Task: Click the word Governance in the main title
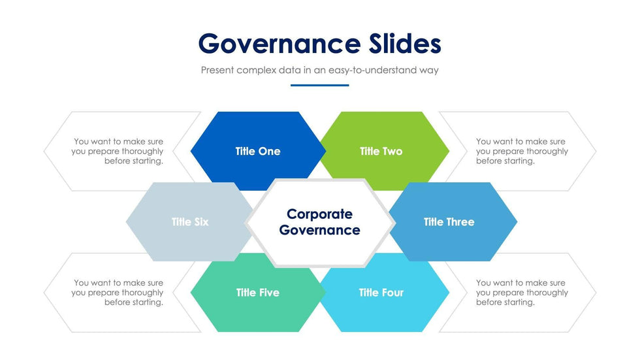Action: coord(280,44)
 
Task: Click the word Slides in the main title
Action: coord(405,43)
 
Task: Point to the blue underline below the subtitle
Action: coord(319,86)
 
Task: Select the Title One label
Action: coord(258,152)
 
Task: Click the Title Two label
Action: coord(381,152)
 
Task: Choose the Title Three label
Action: coord(449,222)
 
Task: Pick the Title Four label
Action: coord(381,293)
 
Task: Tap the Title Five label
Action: coord(258,293)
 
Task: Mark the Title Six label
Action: coord(190,222)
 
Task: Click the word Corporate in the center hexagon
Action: coord(319,214)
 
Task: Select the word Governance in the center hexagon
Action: coord(319,230)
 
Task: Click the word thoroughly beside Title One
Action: coord(142,152)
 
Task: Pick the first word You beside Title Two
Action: coord(483,142)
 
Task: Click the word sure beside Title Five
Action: coord(155,283)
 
